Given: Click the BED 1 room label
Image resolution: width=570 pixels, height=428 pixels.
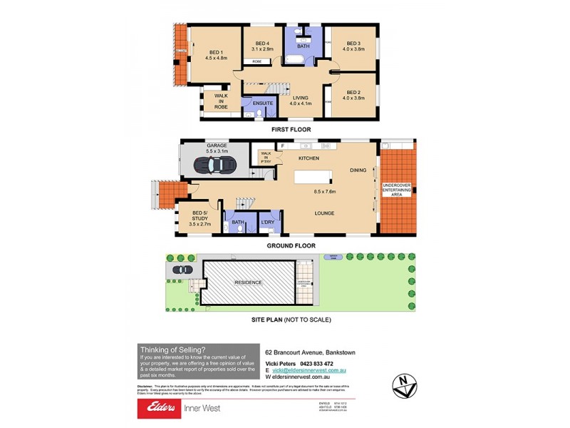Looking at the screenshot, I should [x=216, y=51].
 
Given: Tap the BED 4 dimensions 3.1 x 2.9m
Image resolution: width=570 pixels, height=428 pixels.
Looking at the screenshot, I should [x=264, y=50].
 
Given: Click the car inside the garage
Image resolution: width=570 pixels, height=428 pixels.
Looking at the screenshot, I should [x=214, y=164].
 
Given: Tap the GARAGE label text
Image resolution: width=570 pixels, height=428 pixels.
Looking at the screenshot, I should [x=217, y=146].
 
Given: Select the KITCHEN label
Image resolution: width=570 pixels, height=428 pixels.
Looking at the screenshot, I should [x=309, y=158].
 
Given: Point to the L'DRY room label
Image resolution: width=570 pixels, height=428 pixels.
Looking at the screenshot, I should [x=268, y=222].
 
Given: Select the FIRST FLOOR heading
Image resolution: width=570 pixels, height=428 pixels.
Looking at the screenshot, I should [x=291, y=130].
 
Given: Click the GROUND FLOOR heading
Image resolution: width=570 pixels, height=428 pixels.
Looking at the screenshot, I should [x=291, y=245].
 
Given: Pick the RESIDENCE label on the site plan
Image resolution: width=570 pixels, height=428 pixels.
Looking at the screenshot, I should [x=249, y=282].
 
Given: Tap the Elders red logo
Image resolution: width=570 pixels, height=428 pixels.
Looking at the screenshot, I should [x=160, y=408].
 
